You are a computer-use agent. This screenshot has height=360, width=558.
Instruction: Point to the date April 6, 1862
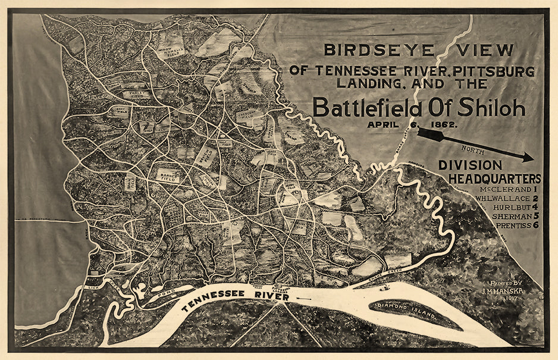pos(412,124)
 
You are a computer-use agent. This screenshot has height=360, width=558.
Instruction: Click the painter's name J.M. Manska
pos(502,292)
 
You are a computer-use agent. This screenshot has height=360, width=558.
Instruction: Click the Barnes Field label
pos(168,174)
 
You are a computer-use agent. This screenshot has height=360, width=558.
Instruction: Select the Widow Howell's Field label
pos(173,52)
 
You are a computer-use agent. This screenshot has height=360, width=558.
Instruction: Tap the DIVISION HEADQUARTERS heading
pos(489,172)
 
